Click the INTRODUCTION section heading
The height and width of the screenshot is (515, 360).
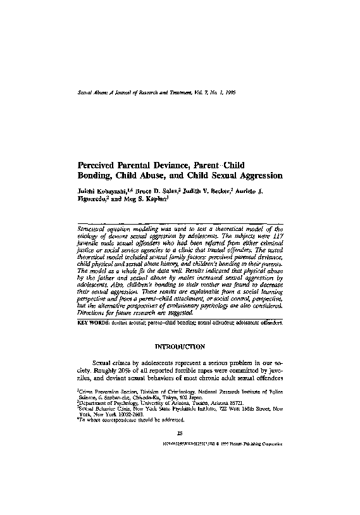point(180,347)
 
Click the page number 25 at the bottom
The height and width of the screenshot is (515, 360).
point(180,432)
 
